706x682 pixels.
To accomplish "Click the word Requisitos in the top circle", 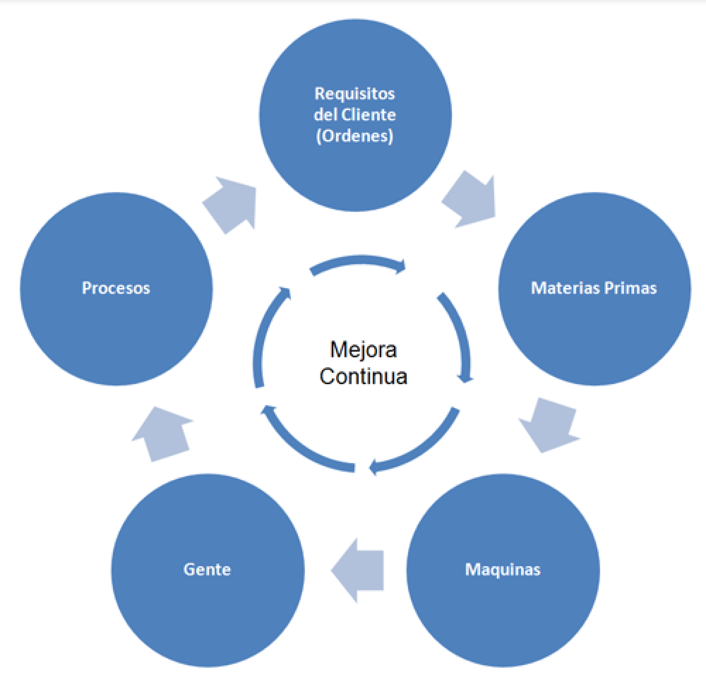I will (x=355, y=94).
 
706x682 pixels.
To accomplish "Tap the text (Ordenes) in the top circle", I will (x=355, y=136).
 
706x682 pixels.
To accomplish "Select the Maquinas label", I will (x=503, y=570).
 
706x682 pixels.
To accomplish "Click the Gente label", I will (x=207, y=570).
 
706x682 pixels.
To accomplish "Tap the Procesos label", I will (x=116, y=288).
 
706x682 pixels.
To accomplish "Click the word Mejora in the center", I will (x=363, y=349).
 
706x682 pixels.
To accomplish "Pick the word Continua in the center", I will (x=363, y=377).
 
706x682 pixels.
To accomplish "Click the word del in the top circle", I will (x=325, y=115).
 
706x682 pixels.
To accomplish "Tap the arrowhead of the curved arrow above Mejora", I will (x=401, y=267).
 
